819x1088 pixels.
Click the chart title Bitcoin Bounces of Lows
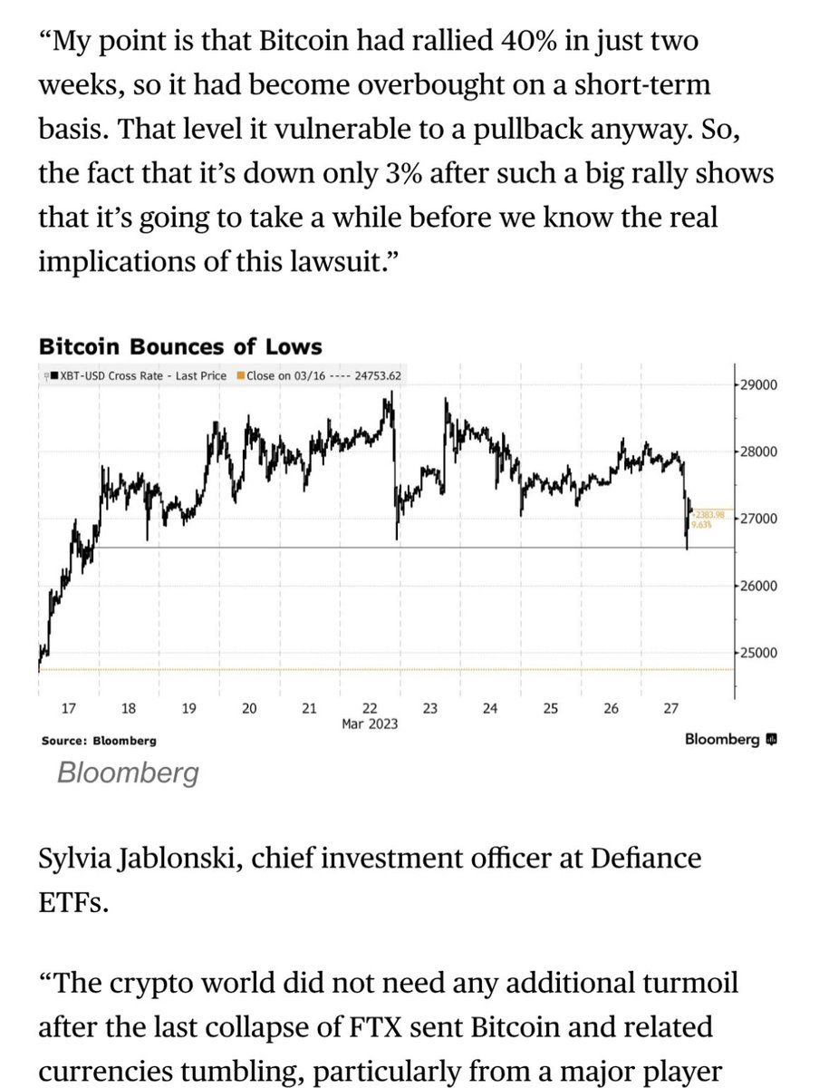point(180,347)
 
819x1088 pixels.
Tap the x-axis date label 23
point(430,708)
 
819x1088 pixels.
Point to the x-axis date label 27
point(671,708)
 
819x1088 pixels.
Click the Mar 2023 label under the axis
point(369,724)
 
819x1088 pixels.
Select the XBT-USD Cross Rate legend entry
point(139,375)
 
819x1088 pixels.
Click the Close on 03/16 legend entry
point(319,375)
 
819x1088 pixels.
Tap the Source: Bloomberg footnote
point(99,741)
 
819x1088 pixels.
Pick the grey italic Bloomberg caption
point(128,773)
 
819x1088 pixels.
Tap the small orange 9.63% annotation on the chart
point(702,523)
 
